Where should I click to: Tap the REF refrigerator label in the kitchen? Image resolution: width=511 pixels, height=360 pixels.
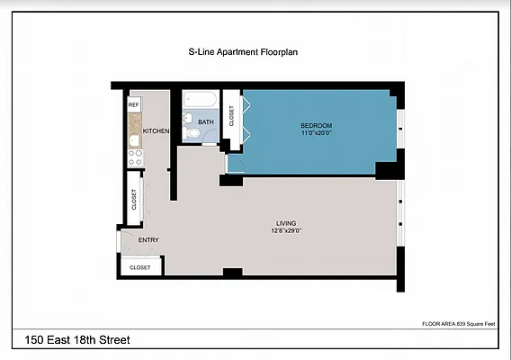[x=133, y=105]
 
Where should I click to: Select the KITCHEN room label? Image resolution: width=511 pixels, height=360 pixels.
[x=156, y=131]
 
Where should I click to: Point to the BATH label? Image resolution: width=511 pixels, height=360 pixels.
[x=206, y=121]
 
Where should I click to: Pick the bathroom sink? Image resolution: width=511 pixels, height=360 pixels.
[x=187, y=117]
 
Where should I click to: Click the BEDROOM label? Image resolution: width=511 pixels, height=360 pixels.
[x=316, y=124]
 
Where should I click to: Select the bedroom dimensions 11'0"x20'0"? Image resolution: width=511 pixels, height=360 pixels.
[x=316, y=132]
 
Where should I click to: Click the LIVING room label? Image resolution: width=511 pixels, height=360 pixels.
[x=286, y=222]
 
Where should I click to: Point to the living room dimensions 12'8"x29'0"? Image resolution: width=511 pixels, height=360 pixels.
[x=286, y=230]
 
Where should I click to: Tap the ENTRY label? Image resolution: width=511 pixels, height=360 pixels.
[x=148, y=239]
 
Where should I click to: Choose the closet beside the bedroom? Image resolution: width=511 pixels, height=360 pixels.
[x=231, y=115]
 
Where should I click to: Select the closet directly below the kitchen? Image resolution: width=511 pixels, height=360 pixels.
[x=134, y=197]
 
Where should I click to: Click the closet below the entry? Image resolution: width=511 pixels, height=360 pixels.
[x=140, y=267]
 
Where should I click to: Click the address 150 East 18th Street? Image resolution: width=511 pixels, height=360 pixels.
[x=78, y=340]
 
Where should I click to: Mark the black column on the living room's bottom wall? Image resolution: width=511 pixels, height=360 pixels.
[x=232, y=273]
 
